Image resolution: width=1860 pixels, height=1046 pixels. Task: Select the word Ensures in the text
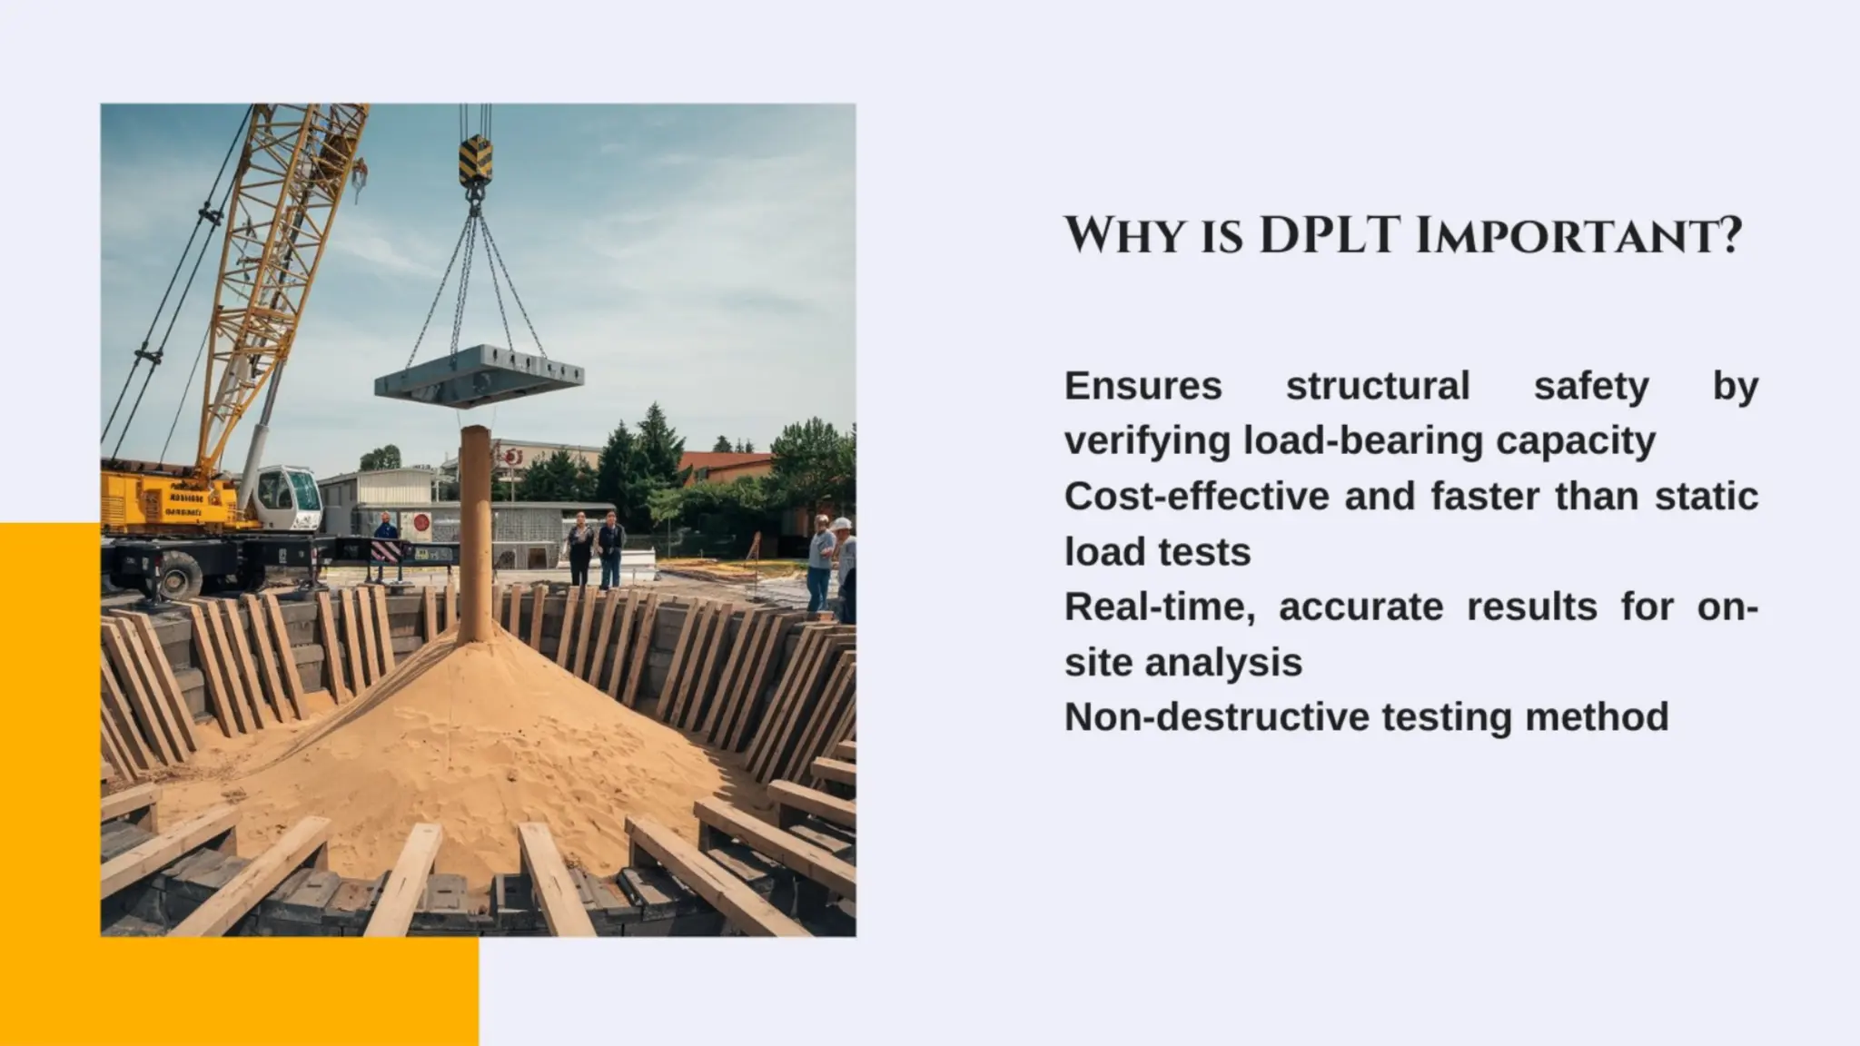coord(1143,386)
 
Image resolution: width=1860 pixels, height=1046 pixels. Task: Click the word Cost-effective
coord(1190,497)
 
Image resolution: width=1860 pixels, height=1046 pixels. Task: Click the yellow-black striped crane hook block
coord(474,159)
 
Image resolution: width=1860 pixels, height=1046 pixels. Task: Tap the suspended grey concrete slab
coord(479,374)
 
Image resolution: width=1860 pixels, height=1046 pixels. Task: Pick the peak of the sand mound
coord(475,640)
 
